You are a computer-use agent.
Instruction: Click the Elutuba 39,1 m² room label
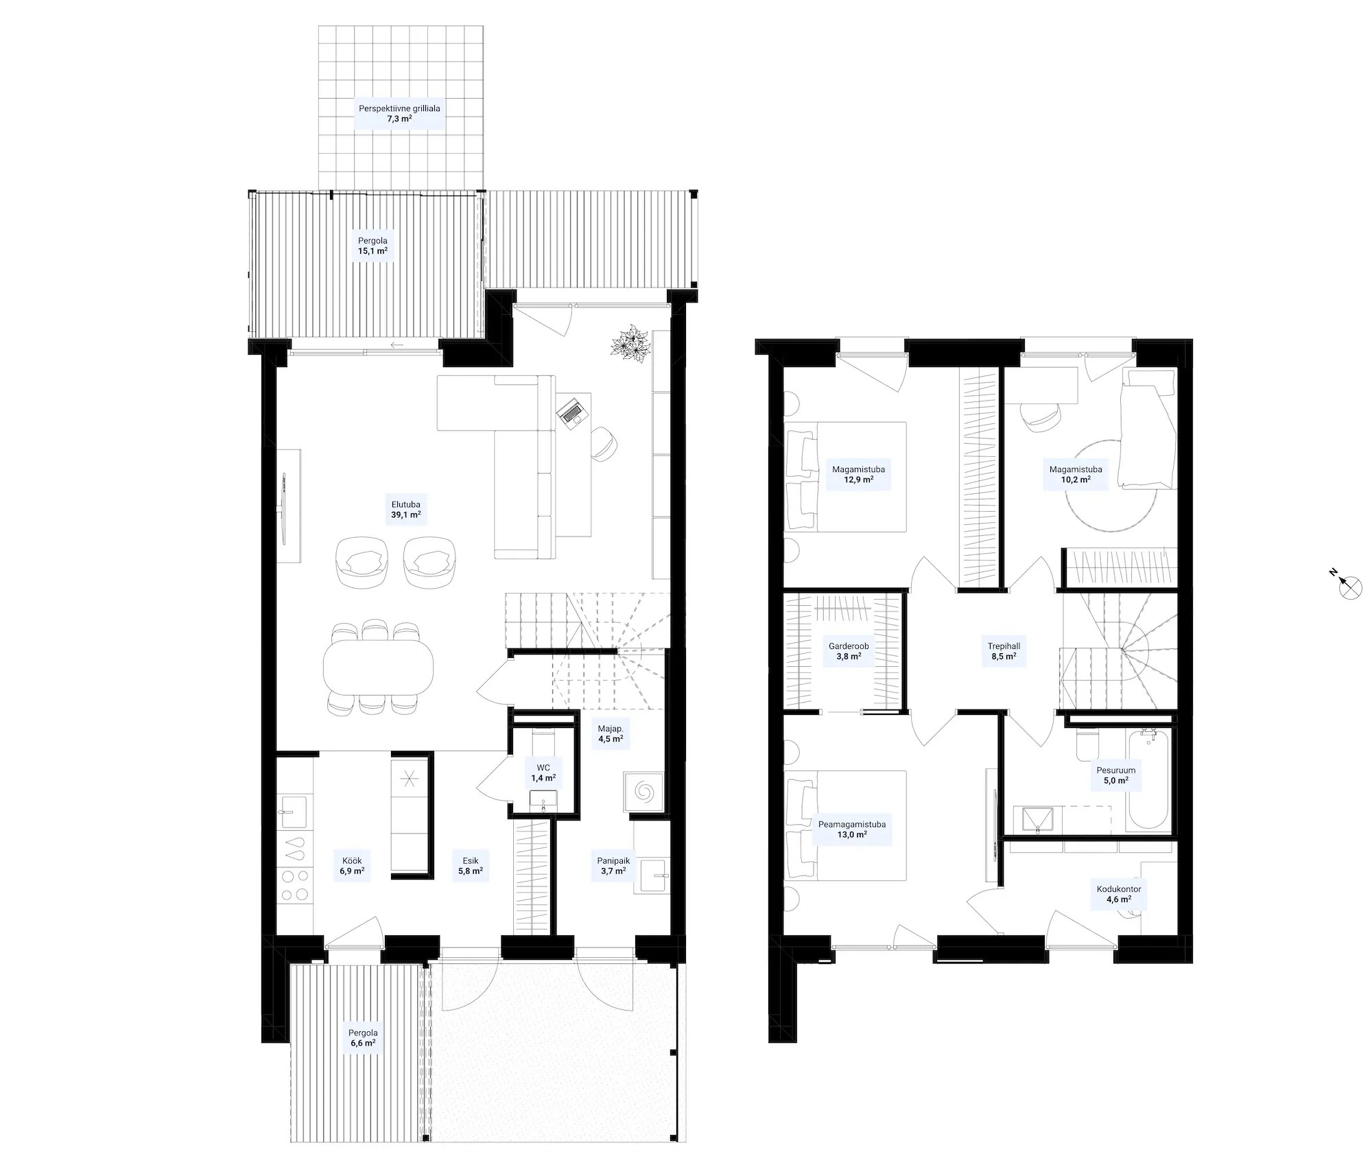[x=406, y=509]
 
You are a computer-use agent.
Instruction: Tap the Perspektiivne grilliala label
[x=399, y=108]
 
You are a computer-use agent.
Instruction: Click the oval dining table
[x=378, y=666]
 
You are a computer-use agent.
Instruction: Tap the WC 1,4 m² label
[x=543, y=773]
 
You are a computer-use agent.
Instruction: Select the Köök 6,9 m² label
[x=352, y=866]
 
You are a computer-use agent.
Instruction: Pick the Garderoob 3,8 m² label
[x=849, y=651]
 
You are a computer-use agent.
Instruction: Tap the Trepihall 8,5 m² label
[x=1004, y=651]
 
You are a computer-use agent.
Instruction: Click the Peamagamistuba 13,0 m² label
[x=852, y=829]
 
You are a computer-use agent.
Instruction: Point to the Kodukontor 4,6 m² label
[x=1119, y=894]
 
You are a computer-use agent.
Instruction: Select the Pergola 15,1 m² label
[x=372, y=246]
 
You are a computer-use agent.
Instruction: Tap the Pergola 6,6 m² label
[x=363, y=1037]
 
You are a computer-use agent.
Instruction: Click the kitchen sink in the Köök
[x=295, y=812]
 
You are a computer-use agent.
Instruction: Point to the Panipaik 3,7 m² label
[x=613, y=866]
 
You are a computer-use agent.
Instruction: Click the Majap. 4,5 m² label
[x=611, y=733]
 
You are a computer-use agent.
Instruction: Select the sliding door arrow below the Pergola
[x=397, y=344]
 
